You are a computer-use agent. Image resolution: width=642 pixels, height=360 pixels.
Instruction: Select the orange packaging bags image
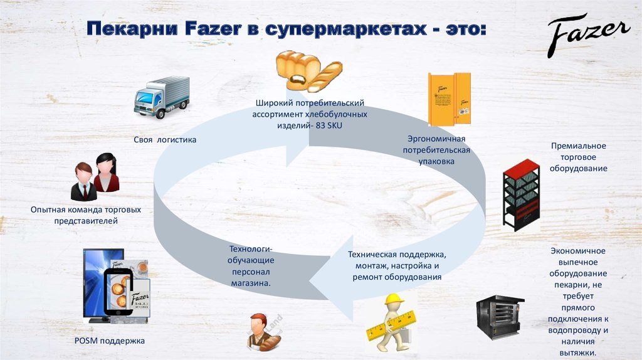coord(448,99)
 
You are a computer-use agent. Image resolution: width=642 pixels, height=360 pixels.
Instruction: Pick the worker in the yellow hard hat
coord(392,322)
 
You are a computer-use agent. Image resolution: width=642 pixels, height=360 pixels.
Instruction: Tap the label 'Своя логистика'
coord(165,139)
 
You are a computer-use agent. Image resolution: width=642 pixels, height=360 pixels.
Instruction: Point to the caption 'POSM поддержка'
coord(109,341)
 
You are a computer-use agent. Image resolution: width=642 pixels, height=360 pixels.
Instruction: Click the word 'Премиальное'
coord(578,146)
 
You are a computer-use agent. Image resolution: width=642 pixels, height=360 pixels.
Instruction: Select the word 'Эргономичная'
coord(436,139)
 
